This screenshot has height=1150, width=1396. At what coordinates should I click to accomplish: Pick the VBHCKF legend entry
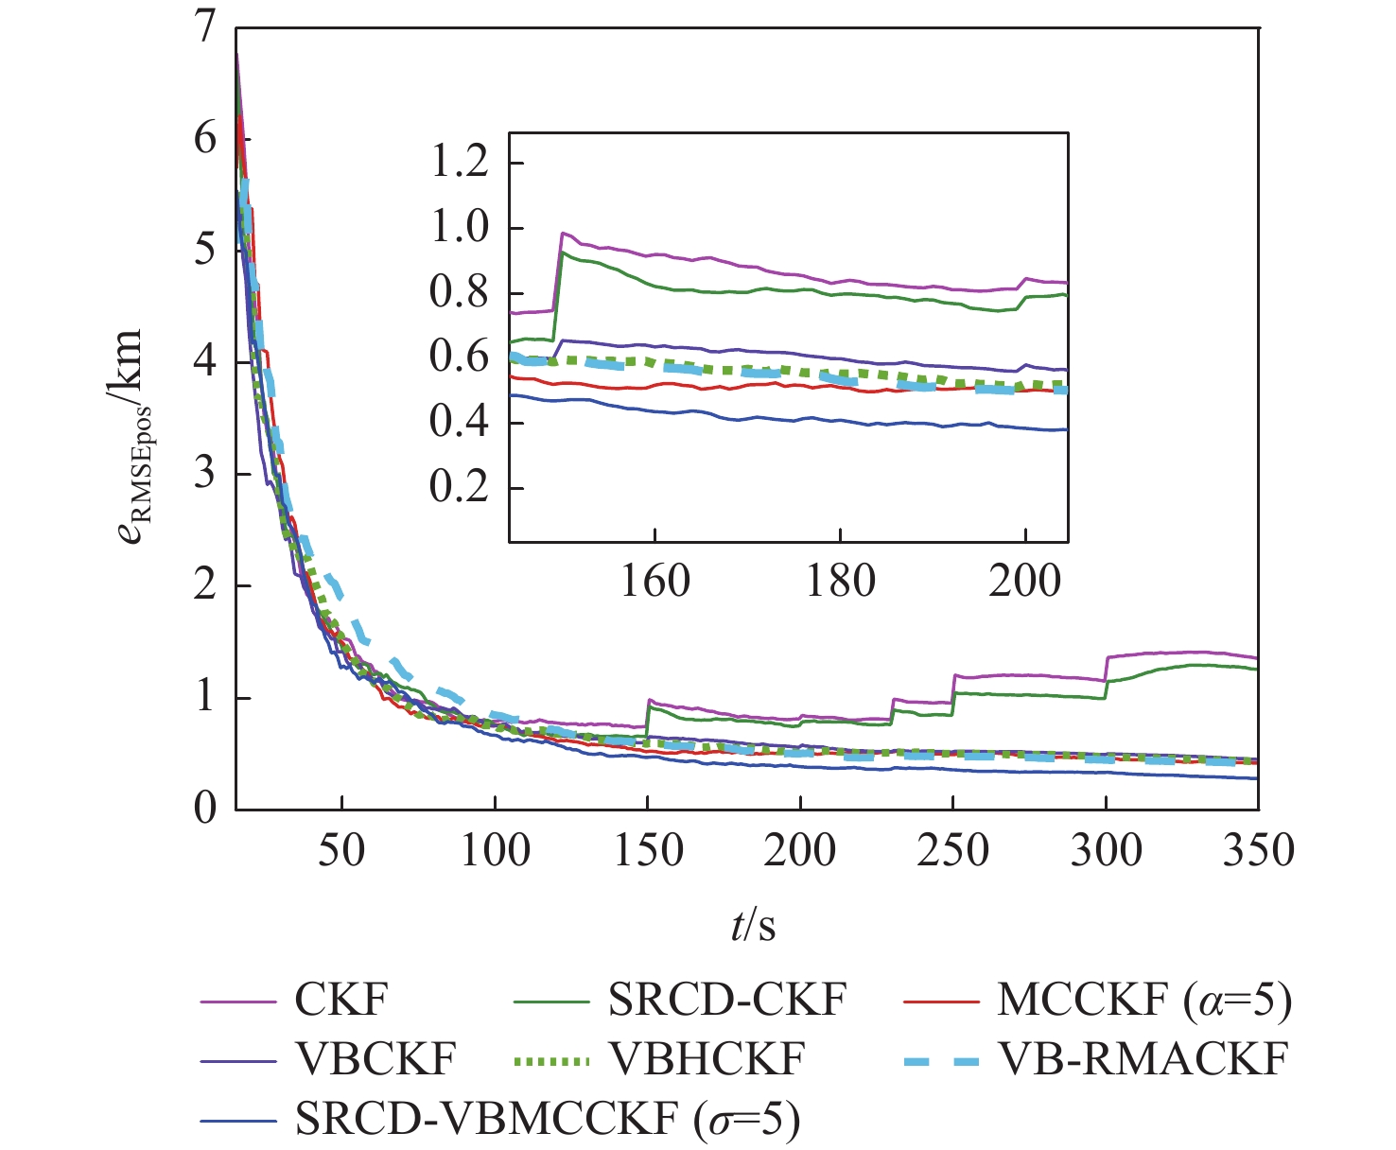[706, 1059]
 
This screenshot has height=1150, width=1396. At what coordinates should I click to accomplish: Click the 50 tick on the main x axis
[341, 849]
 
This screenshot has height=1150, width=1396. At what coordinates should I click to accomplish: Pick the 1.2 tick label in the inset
[460, 163]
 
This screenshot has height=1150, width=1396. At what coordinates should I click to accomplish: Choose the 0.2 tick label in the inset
[460, 488]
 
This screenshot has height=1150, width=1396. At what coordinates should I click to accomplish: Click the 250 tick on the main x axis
[952, 849]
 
